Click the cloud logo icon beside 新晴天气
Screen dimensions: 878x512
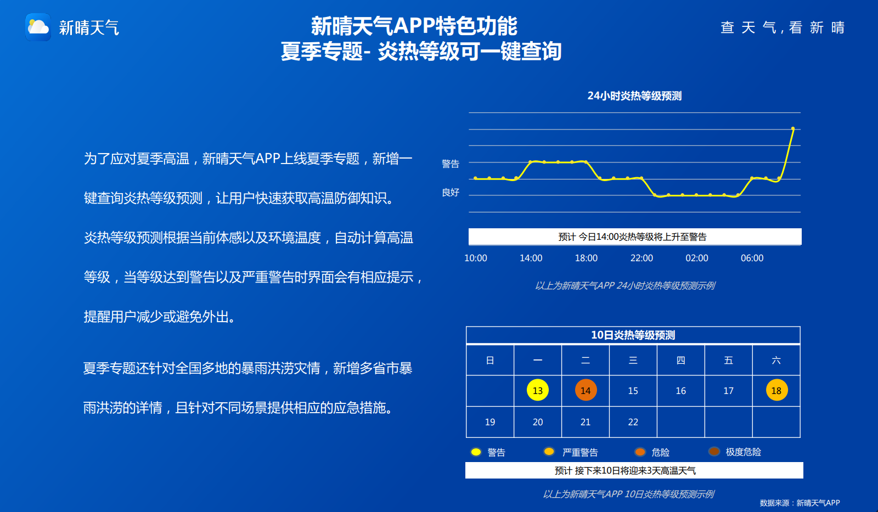pyautogui.click(x=38, y=27)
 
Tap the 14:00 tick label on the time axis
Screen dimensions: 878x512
pyautogui.click(x=531, y=258)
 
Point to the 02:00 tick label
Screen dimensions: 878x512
pyautogui.click(x=696, y=258)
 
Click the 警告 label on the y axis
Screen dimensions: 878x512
pyautogui.click(x=450, y=164)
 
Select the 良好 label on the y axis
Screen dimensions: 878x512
pyautogui.click(x=450, y=192)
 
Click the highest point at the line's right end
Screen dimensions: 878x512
pyautogui.click(x=792, y=128)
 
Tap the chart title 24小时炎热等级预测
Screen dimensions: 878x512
pyautogui.click(x=634, y=96)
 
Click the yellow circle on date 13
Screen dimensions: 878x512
pyautogui.click(x=537, y=390)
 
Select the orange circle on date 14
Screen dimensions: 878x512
pyautogui.click(x=586, y=390)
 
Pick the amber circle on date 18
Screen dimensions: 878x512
pyautogui.click(x=776, y=390)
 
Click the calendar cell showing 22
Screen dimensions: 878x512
pyautogui.click(x=633, y=422)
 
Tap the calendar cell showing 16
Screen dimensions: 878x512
pyautogui.click(x=681, y=391)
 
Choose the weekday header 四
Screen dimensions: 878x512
pyautogui.click(x=681, y=361)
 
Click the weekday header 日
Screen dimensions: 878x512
pyautogui.click(x=490, y=361)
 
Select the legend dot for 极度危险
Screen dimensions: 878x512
pyautogui.click(x=714, y=452)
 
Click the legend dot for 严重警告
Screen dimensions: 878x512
pyautogui.click(x=549, y=452)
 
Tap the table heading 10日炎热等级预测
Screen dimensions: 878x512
pyautogui.click(x=633, y=335)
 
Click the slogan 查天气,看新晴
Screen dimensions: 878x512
pyautogui.click(x=783, y=27)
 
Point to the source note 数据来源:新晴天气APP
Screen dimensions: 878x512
pyautogui.click(x=800, y=503)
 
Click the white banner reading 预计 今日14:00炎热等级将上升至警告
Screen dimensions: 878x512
pyautogui.click(x=635, y=237)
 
